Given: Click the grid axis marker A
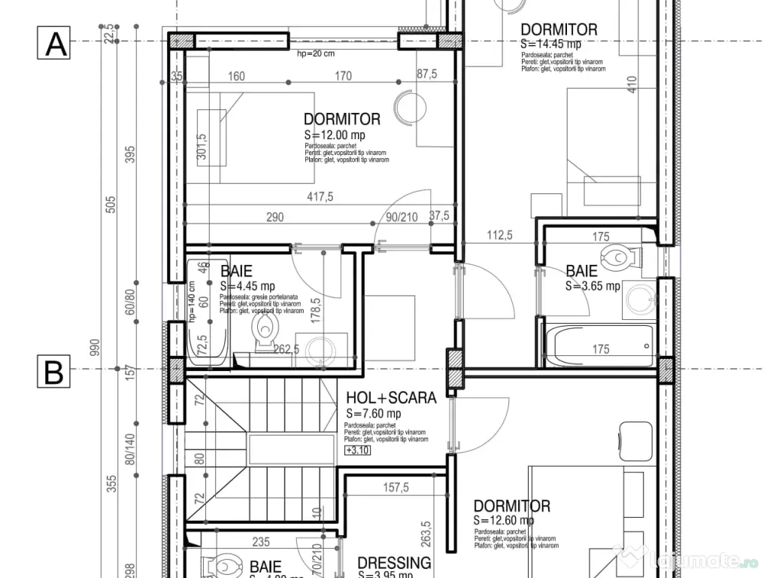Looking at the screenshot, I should [53, 43].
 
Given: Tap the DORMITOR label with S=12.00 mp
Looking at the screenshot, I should [342, 119].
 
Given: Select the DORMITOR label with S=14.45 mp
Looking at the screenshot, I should [559, 30].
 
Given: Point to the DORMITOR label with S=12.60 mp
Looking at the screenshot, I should [511, 507].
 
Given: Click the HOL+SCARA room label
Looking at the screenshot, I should [391, 398].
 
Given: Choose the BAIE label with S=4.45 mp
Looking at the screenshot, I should [236, 271].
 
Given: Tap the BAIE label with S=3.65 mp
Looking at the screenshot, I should [581, 271].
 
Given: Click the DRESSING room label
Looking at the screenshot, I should [394, 563].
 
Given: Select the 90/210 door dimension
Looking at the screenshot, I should [402, 217].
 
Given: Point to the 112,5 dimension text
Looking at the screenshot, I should [499, 236].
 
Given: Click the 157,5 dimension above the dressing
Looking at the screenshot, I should [396, 488].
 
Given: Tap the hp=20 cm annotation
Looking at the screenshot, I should [316, 54].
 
